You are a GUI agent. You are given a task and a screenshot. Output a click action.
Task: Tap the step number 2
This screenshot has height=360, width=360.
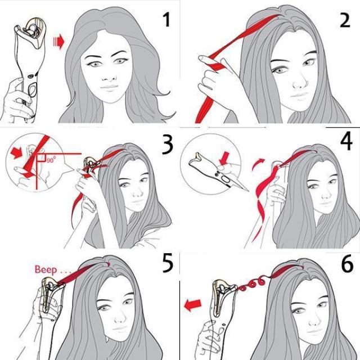pyautogui.click(x=344, y=21)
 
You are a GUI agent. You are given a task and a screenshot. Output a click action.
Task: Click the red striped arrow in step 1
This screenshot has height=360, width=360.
pyautogui.click(x=57, y=42)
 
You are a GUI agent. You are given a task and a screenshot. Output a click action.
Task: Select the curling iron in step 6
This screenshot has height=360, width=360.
pyautogui.click(x=217, y=304)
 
